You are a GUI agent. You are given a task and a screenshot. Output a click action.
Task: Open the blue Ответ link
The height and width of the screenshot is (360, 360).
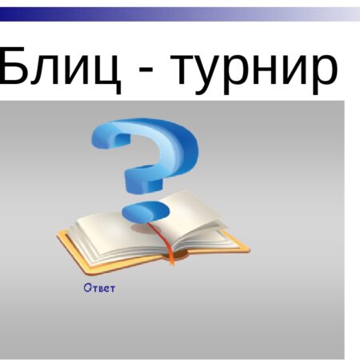pyautogui.click(x=99, y=288)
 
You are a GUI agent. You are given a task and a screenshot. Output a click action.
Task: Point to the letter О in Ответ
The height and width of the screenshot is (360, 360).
pyautogui.click(x=87, y=288)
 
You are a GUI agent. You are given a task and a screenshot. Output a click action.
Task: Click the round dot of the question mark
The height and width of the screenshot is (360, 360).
pyautogui.click(x=145, y=211)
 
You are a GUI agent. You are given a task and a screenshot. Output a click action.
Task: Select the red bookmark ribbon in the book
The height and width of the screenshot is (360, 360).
pyautogui.click(x=166, y=244)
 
